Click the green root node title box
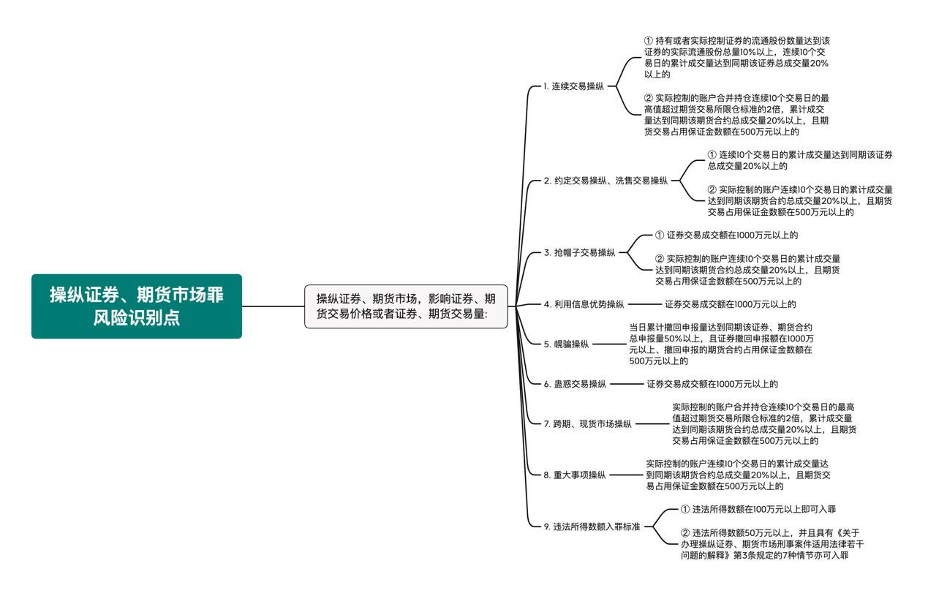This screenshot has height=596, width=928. pos(136,306)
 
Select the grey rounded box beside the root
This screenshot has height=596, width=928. pos(406,306)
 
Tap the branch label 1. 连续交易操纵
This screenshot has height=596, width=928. pos(573,86)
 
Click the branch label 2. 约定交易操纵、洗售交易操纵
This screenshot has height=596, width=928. pos(606,181)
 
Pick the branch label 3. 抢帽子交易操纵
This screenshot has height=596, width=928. pos(579,253)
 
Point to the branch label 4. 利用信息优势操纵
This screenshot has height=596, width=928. pos(584,304)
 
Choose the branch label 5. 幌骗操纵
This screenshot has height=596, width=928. pos(566,344)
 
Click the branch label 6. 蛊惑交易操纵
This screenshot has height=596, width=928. pos(575,384)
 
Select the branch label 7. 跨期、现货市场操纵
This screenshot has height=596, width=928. pos(587,424)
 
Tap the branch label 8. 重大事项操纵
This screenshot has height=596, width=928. pos(575,475)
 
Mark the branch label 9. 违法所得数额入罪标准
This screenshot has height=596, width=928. pos(592,527)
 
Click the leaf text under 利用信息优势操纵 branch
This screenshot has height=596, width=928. pos(730,304)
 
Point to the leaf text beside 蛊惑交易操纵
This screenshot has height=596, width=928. pos(712,384)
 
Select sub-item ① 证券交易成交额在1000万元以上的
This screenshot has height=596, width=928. pos(726,235)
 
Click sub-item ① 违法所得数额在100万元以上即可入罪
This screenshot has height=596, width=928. pos(758,509)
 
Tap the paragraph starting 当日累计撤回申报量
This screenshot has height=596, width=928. pos(720,344)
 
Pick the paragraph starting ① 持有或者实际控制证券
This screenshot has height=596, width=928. pos(736,58)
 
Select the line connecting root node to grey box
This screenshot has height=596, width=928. pos(273,306)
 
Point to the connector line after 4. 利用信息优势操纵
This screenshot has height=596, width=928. pos(644,304)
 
